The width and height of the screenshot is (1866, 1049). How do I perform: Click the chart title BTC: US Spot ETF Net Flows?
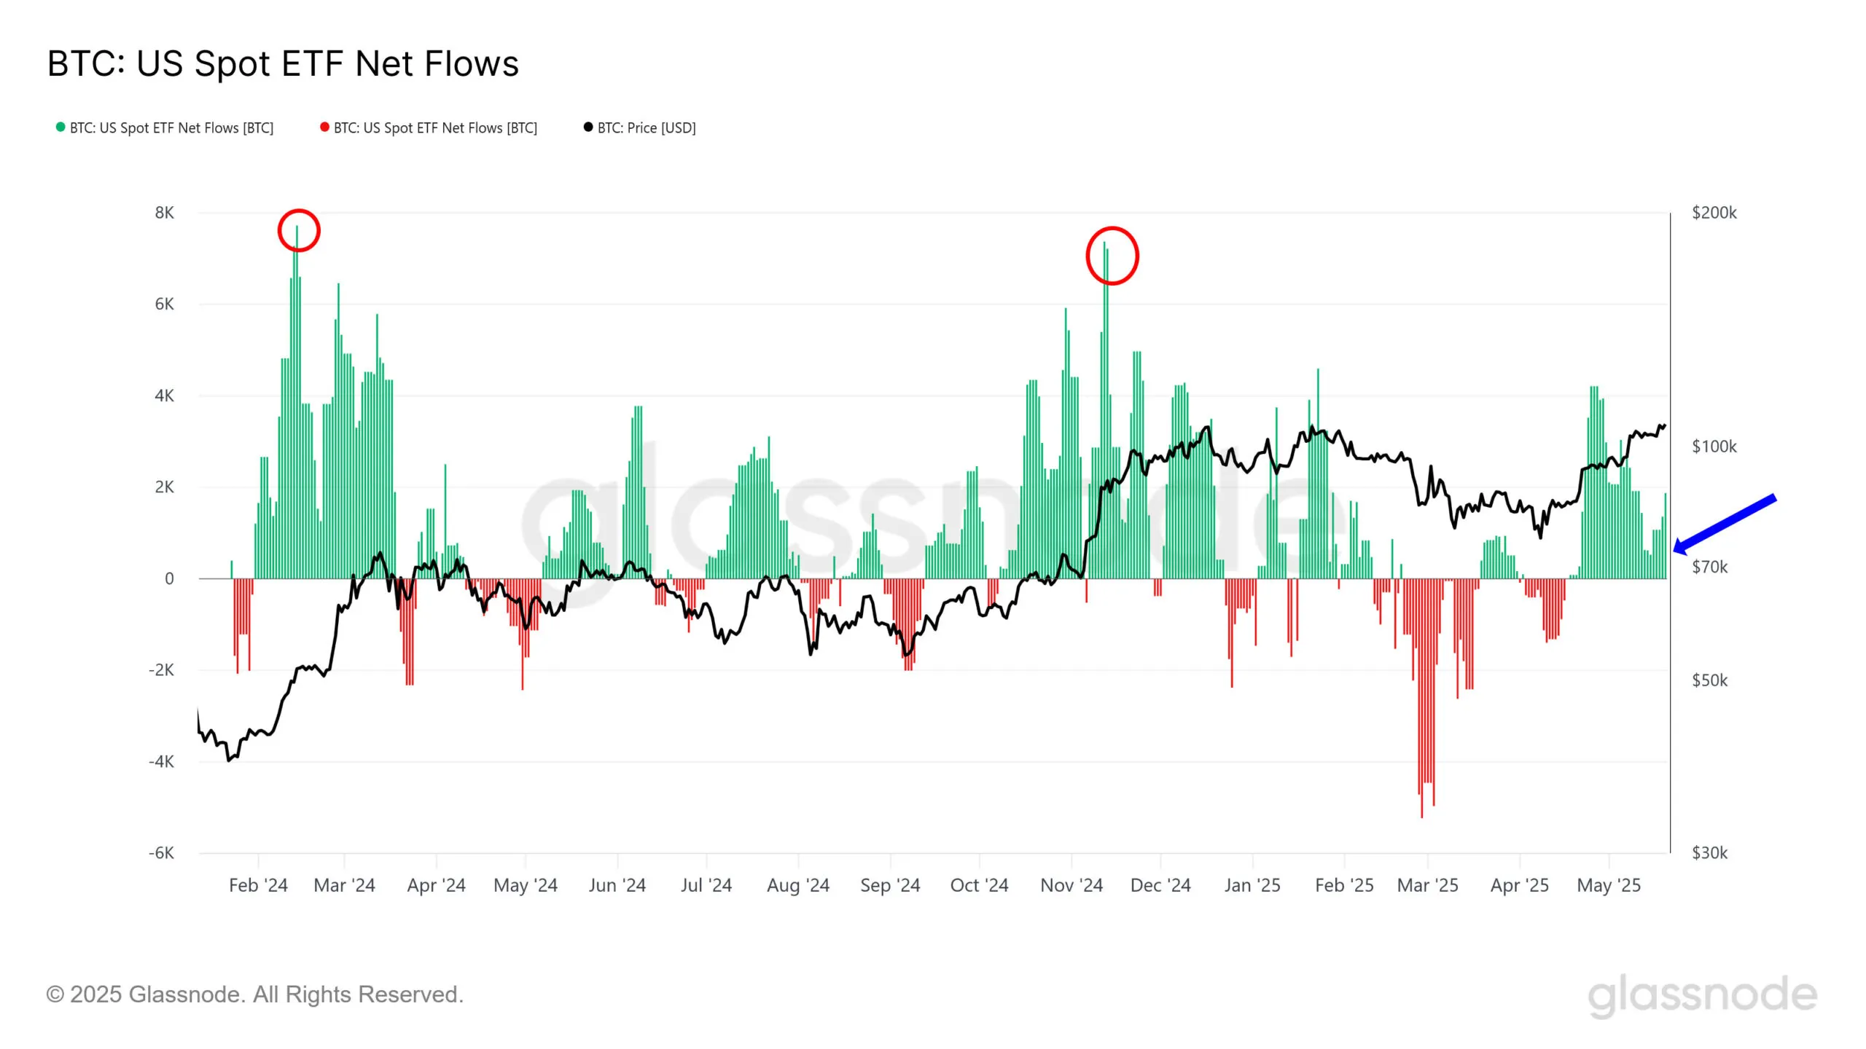pyautogui.click(x=283, y=64)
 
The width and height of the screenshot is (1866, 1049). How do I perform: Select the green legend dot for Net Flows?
pyautogui.click(x=60, y=127)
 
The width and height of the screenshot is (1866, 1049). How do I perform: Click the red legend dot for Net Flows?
pyautogui.click(x=324, y=127)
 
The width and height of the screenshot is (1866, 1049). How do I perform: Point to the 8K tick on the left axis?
pyautogui.click(x=165, y=213)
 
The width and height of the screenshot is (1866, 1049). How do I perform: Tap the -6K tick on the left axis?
pyautogui.click(x=162, y=853)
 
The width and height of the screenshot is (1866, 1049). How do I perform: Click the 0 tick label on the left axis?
pyautogui.click(x=169, y=579)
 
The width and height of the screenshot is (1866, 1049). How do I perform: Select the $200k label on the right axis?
pyautogui.click(x=1714, y=213)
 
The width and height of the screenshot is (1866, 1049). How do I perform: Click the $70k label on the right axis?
pyautogui.click(x=1709, y=567)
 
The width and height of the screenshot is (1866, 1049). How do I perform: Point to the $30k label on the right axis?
pyautogui.click(x=1709, y=853)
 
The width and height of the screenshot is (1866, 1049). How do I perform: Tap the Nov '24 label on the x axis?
pyautogui.click(x=1071, y=886)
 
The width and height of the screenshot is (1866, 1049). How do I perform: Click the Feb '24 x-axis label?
pyautogui.click(x=258, y=886)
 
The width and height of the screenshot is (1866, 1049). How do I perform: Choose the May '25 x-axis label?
pyautogui.click(x=1608, y=886)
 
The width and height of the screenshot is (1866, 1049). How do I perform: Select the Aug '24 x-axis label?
pyautogui.click(x=798, y=886)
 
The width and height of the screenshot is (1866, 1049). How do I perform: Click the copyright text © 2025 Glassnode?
pyautogui.click(x=254, y=994)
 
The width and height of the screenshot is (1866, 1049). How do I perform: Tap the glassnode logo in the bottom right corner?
pyautogui.click(x=1702, y=996)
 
